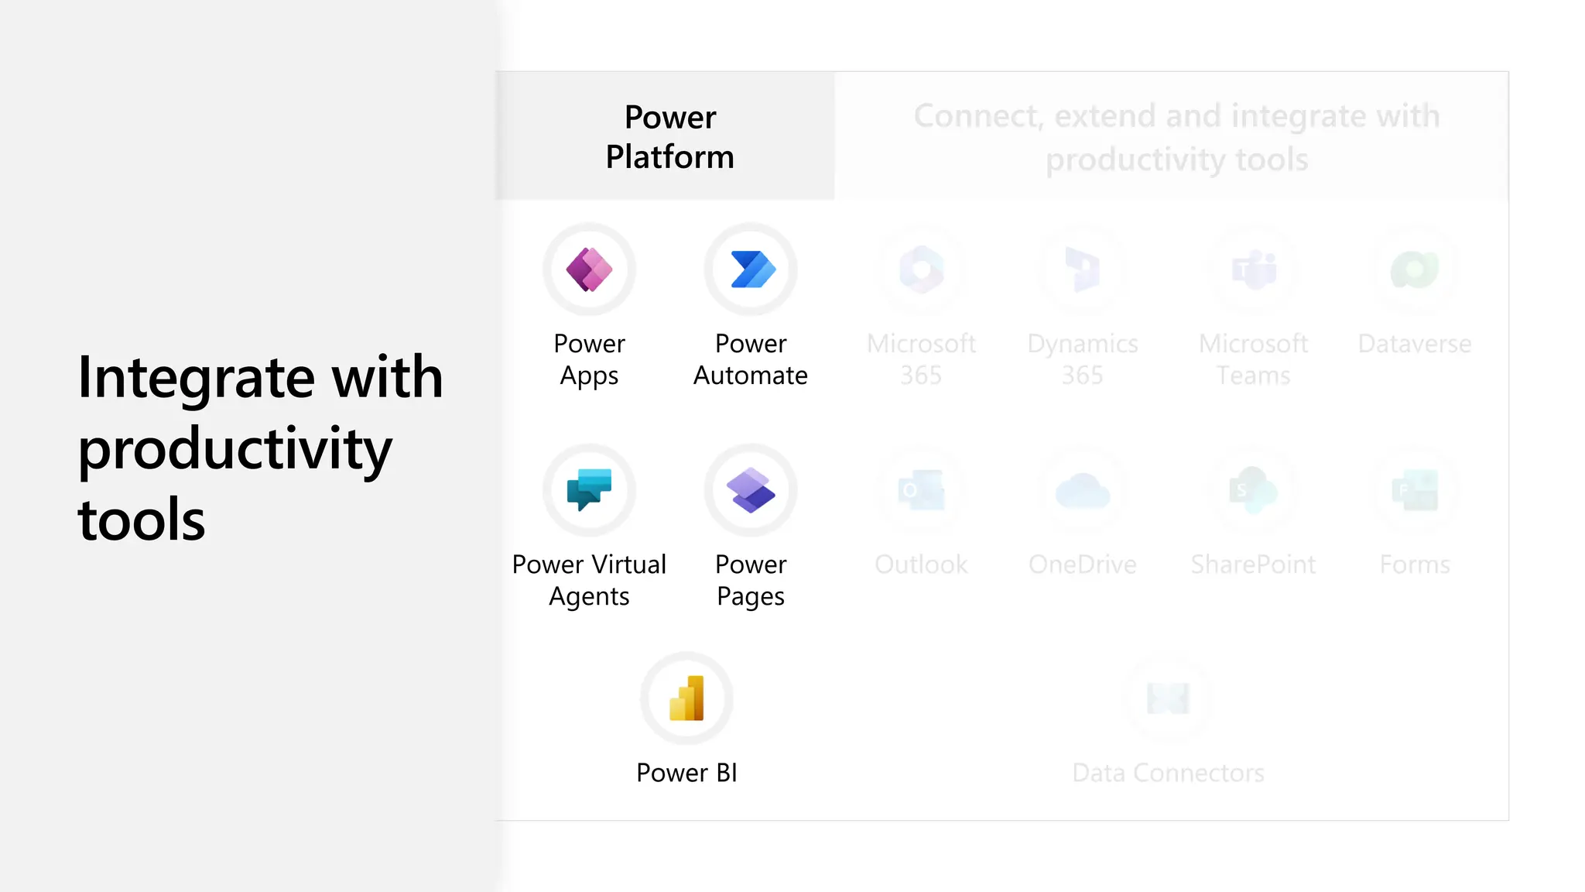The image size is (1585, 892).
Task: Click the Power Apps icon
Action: [x=589, y=269]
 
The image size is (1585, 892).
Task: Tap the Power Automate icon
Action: [x=751, y=269]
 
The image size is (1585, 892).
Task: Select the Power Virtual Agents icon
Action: [x=589, y=490]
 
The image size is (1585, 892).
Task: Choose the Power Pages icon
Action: [x=751, y=490]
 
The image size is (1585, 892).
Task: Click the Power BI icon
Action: [x=686, y=698]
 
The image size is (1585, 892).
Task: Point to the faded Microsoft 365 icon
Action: [x=921, y=269]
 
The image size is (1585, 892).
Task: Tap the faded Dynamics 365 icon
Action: [x=1083, y=269]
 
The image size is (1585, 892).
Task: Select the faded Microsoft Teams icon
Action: [x=1254, y=269]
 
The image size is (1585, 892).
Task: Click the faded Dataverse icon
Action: [x=1415, y=269]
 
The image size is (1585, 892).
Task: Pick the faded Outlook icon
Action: [x=921, y=490]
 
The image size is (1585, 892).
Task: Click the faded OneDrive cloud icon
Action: [x=1083, y=490]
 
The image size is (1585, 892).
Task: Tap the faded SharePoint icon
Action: [x=1254, y=490]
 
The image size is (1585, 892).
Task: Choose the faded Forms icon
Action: [x=1415, y=490]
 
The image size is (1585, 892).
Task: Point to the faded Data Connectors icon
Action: [x=1168, y=698]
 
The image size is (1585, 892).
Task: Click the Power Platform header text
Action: [x=670, y=137]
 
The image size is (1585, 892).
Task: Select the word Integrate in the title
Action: [x=197, y=379]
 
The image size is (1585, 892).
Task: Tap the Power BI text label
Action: [x=686, y=773]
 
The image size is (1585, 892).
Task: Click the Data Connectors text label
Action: [x=1168, y=773]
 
